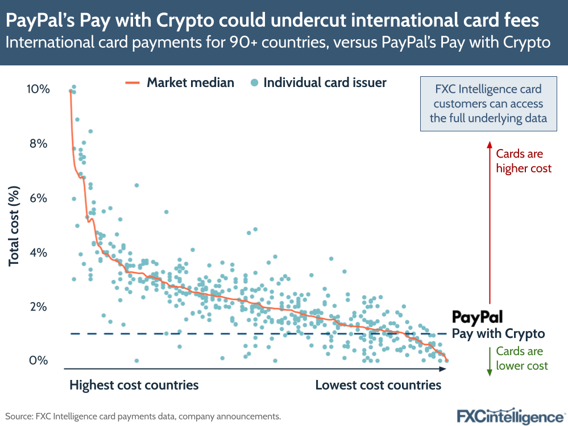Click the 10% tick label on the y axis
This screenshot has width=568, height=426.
tap(38, 89)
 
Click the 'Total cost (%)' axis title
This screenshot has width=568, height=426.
tap(14, 226)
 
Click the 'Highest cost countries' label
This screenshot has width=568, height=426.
tap(134, 385)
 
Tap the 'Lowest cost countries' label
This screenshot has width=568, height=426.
tap(378, 385)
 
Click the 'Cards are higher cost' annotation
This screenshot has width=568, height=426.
tap(524, 161)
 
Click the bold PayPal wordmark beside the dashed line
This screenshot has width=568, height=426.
tap(477, 317)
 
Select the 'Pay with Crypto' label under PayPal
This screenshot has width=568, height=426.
tap(498, 334)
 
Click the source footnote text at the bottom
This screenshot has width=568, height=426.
tap(143, 416)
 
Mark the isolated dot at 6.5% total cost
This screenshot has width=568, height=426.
tap(136, 185)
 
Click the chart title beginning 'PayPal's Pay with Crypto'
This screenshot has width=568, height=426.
tap(273, 21)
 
